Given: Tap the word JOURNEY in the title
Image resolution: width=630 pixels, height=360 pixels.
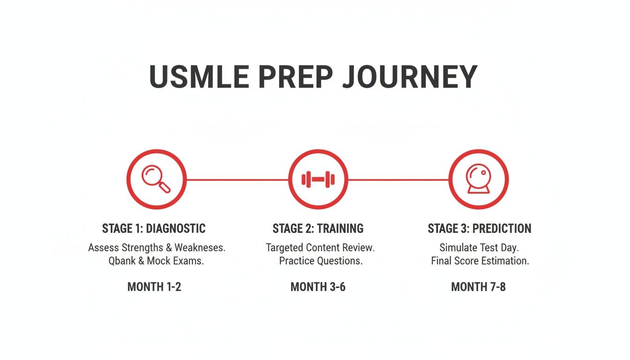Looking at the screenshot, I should click(409, 77).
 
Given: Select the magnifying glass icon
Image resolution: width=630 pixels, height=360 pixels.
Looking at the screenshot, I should click(157, 179).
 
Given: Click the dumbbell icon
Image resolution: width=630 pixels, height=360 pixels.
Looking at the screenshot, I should click(318, 179).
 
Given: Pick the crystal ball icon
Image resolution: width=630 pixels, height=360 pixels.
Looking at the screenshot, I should click(479, 179).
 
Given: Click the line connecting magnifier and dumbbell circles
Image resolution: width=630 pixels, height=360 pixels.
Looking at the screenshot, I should click(237, 179).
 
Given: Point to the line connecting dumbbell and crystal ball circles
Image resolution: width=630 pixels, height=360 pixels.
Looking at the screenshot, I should click(398, 179).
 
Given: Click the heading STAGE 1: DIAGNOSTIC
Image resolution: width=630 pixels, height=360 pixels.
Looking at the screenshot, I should click(154, 229).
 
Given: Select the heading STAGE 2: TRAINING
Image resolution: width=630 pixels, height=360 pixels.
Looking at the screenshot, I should click(318, 229).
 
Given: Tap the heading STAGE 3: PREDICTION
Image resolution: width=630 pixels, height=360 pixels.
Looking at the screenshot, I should click(479, 229).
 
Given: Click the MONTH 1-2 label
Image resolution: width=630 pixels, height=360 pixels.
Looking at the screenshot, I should click(154, 287).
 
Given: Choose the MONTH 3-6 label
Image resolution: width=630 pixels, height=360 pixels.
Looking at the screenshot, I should click(318, 287).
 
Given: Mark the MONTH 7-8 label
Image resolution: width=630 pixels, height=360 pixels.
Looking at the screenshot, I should click(478, 287).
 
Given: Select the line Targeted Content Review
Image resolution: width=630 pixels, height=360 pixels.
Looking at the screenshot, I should click(320, 247).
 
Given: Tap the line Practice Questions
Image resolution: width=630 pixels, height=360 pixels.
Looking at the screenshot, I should click(321, 261).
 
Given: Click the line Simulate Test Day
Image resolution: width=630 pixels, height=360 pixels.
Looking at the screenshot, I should click(479, 247).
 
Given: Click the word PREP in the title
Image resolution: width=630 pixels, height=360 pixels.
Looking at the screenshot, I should click(295, 77).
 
